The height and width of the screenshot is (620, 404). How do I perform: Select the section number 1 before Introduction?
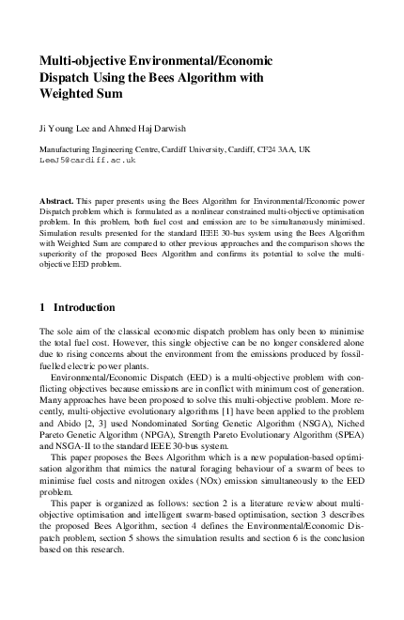tap(42, 307)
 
